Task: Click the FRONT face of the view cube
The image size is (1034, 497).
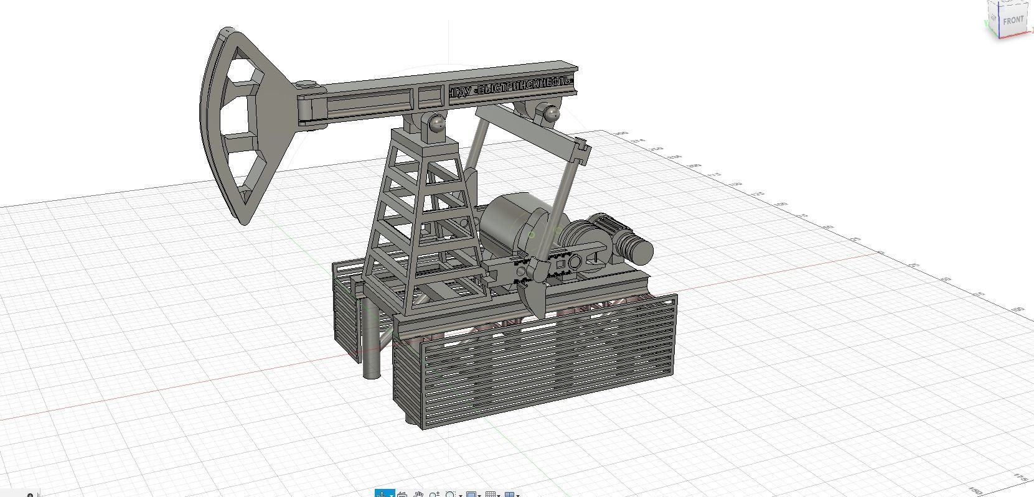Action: [x=1013, y=20]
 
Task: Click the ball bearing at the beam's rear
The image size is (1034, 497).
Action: [x=550, y=114]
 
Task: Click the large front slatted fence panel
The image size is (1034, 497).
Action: [x=548, y=361]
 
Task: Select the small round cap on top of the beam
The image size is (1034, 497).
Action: [x=306, y=84]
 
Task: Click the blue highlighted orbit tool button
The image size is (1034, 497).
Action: [x=382, y=494]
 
